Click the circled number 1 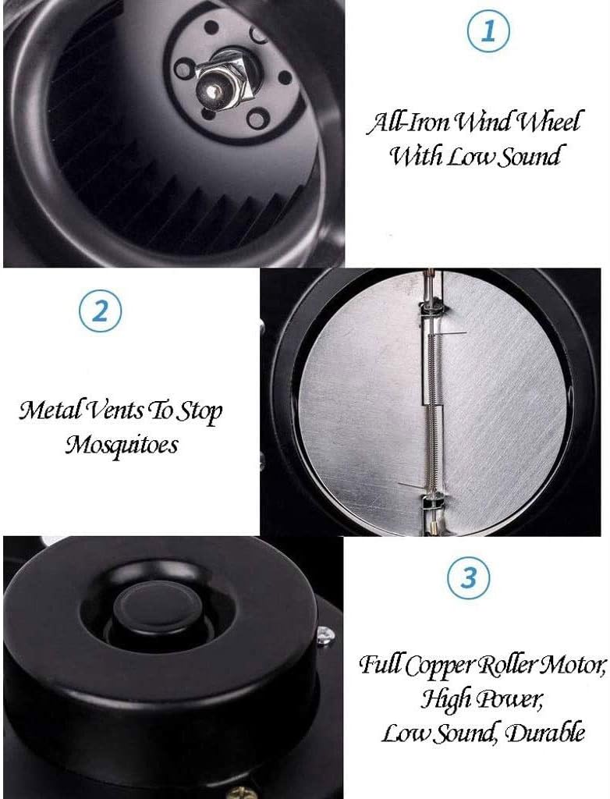(x=488, y=32)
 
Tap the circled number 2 (x=101, y=312)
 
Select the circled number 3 (x=468, y=579)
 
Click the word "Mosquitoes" (x=121, y=445)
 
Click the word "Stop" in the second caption (x=199, y=410)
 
